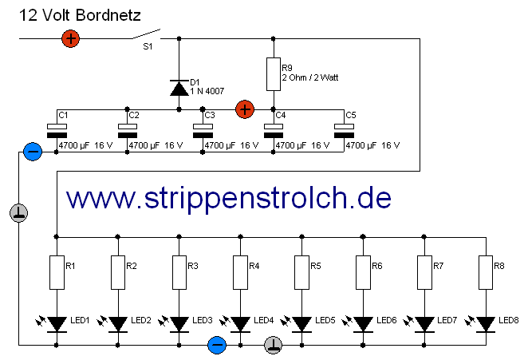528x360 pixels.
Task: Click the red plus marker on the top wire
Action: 71,38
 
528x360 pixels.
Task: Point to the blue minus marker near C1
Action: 33,151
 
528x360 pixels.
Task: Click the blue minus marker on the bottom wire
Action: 216,345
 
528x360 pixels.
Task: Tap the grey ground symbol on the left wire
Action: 20,212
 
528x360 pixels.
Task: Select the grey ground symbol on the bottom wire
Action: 273,345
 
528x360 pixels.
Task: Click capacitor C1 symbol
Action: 57,131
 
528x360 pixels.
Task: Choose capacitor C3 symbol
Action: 203,131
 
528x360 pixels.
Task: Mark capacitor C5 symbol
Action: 344,131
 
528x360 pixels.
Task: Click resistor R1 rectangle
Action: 57,271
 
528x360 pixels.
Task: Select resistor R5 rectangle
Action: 301,271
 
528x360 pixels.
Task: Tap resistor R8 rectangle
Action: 485,271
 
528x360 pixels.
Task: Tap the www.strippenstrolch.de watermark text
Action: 228,197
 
